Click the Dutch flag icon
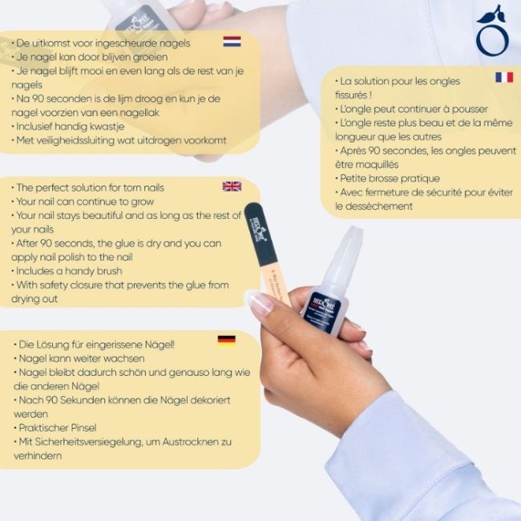(x=232, y=41)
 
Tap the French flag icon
(x=503, y=77)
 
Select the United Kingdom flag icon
(x=232, y=187)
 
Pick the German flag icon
(x=226, y=339)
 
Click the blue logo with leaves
(x=490, y=32)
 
